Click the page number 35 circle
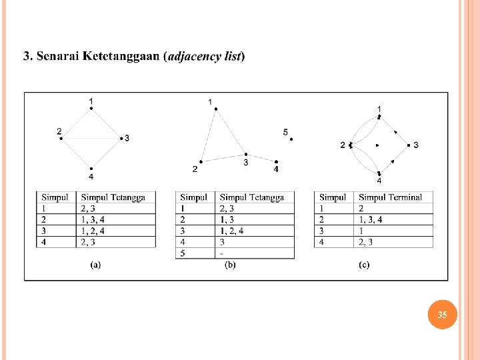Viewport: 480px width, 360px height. [x=443, y=314]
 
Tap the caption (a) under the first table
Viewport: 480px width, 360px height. [x=95, y=265]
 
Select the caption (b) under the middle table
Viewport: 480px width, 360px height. [x=230, y=265]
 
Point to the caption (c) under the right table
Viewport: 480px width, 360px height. [x=364, y=265]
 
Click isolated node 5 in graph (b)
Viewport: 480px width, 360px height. [x=291, y=139]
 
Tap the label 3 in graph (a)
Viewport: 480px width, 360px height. [x=127, y=139]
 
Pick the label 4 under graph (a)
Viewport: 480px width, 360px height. [x=91, y=177]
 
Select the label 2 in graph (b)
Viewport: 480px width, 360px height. [x=195, y=169]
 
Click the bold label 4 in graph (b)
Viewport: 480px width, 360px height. [x=276, y=169]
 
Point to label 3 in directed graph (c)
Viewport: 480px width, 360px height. [x=416, y=145]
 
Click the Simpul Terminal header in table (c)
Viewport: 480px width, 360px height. [x=390, y=197]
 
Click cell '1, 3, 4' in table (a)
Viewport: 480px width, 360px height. [x=92, y=219]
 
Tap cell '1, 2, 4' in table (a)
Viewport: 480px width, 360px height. [x=92, y=231]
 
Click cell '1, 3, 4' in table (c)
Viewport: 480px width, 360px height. [x=370, y=219]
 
